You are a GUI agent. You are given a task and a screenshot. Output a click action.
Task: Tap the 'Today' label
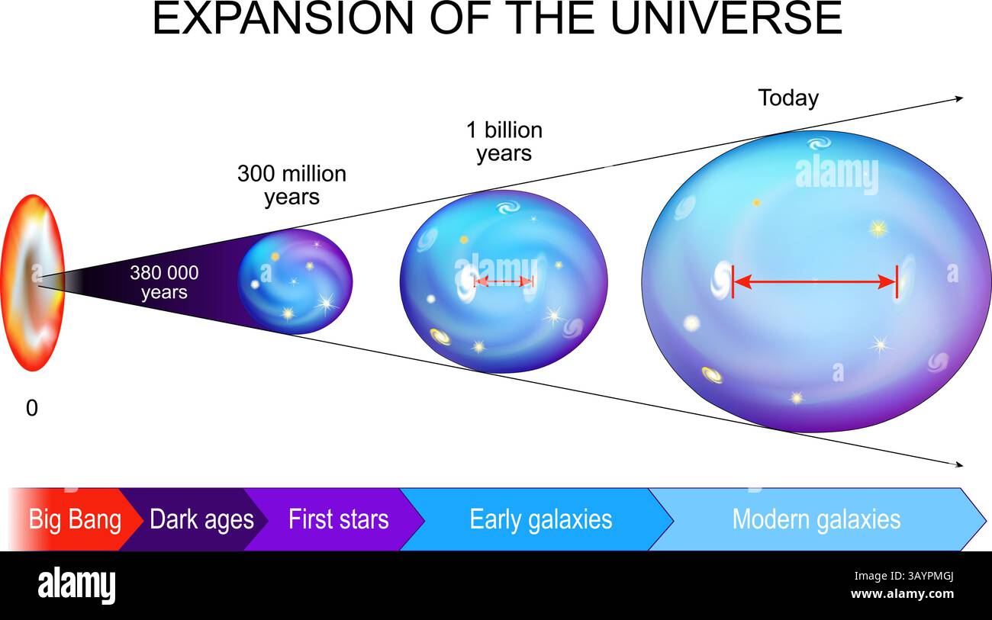(x=788, y=98)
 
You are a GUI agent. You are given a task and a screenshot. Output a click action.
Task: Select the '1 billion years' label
(x=504, y=141)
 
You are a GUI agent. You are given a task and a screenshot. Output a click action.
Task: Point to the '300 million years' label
(x=291, y=185)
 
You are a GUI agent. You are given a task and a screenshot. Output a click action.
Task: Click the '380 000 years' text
(x=164, y=282)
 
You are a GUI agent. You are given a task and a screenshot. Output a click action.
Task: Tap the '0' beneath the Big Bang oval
(x=31, y=409)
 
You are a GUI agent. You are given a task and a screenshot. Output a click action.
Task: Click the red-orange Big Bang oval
(x=32, y=283)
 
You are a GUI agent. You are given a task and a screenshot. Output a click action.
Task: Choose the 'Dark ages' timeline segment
(x=201, y=519)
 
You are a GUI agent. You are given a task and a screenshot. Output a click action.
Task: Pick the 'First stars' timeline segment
(x=338, y=519)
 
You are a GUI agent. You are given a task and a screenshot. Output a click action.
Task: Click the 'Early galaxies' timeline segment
(x=540, y=519)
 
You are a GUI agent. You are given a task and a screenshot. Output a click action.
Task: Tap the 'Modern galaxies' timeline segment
(x=816, y=519)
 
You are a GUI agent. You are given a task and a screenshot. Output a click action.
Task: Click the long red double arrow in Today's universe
(x=814, y=282)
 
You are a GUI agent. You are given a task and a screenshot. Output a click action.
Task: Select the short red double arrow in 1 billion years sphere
(x=504, y=281)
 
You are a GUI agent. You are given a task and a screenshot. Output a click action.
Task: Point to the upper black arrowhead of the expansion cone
(x=958, y=98)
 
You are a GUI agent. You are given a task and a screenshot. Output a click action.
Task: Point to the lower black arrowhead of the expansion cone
(x=958, y=464)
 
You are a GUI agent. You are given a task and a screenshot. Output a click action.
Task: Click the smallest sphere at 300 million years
(x=295, y=281)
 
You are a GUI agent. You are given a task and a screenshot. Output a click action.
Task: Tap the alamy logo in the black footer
(x=76, y=586)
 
